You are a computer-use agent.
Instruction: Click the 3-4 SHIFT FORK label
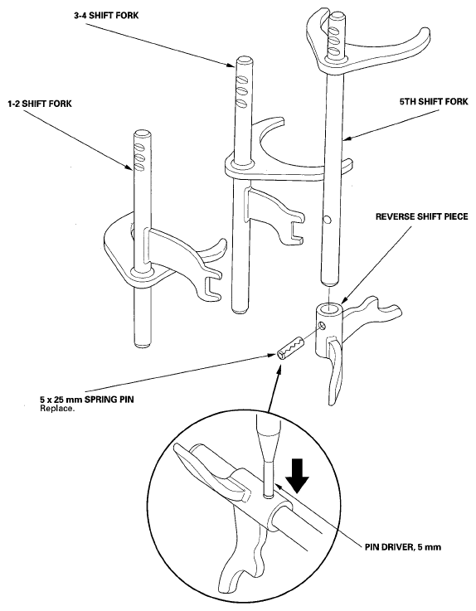[x=106, y=16]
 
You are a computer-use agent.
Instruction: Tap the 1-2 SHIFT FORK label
[x=40, y=104]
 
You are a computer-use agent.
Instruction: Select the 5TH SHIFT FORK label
[x=433, y=102]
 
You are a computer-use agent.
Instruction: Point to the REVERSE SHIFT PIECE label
[x=421, y=216]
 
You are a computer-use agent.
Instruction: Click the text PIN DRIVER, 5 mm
[x=403, y=546]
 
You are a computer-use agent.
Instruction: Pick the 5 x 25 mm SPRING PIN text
[x=86, y=400]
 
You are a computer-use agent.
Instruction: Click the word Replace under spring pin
[x=56, y=409]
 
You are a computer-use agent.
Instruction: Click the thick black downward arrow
[x=298, y=475]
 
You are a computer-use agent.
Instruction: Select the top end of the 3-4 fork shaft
[x=245, y=61]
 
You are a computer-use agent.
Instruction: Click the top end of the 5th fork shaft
[x=338, y=17]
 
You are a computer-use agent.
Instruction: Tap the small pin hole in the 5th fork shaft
[x=328, y=221]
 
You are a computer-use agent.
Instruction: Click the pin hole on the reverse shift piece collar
[x=322, y=325]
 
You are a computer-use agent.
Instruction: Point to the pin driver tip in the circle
[x=267, y=496]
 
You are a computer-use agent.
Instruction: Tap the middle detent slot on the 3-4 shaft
[x=242, y=91]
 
